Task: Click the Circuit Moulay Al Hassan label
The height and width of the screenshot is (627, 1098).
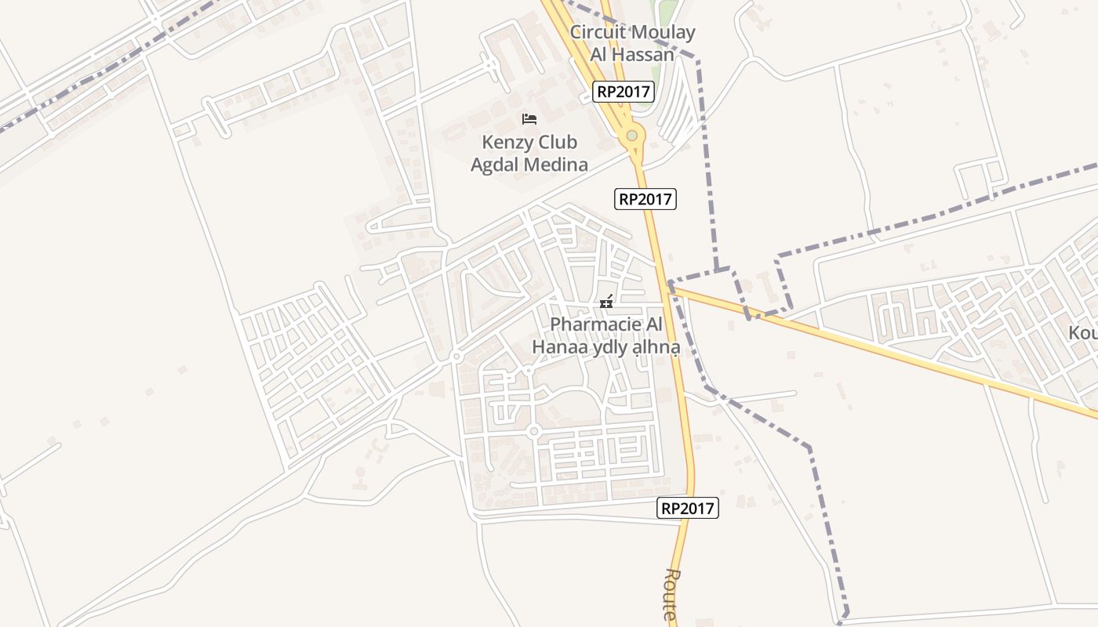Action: pos(632,43)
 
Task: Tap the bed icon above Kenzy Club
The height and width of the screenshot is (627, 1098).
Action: pos(529,119)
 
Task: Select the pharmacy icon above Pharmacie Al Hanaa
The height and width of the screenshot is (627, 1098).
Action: pos(605,301)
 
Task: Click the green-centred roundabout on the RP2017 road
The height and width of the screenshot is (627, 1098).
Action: pos(631,136)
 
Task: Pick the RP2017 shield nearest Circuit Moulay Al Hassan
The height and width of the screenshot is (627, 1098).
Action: pos(623,92)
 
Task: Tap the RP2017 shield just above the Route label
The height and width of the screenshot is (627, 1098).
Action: pos(687,508)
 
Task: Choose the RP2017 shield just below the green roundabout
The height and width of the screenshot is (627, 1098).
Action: pos(645,199)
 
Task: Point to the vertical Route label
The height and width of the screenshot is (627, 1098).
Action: pos(671,596)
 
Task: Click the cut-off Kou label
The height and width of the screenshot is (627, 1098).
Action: pos(1082,333)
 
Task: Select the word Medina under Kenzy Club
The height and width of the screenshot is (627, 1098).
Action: pos(558,165)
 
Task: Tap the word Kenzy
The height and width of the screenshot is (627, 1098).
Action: pos(507,143)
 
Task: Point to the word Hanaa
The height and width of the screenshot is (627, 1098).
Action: pos(558,346)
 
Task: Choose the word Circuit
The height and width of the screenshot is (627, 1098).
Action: pos(598,32)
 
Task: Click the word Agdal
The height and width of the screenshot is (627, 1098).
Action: pos(497,165)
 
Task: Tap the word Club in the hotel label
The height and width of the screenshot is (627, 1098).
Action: pos(555,143)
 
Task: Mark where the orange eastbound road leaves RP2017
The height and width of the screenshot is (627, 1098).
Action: pos(669,287)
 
